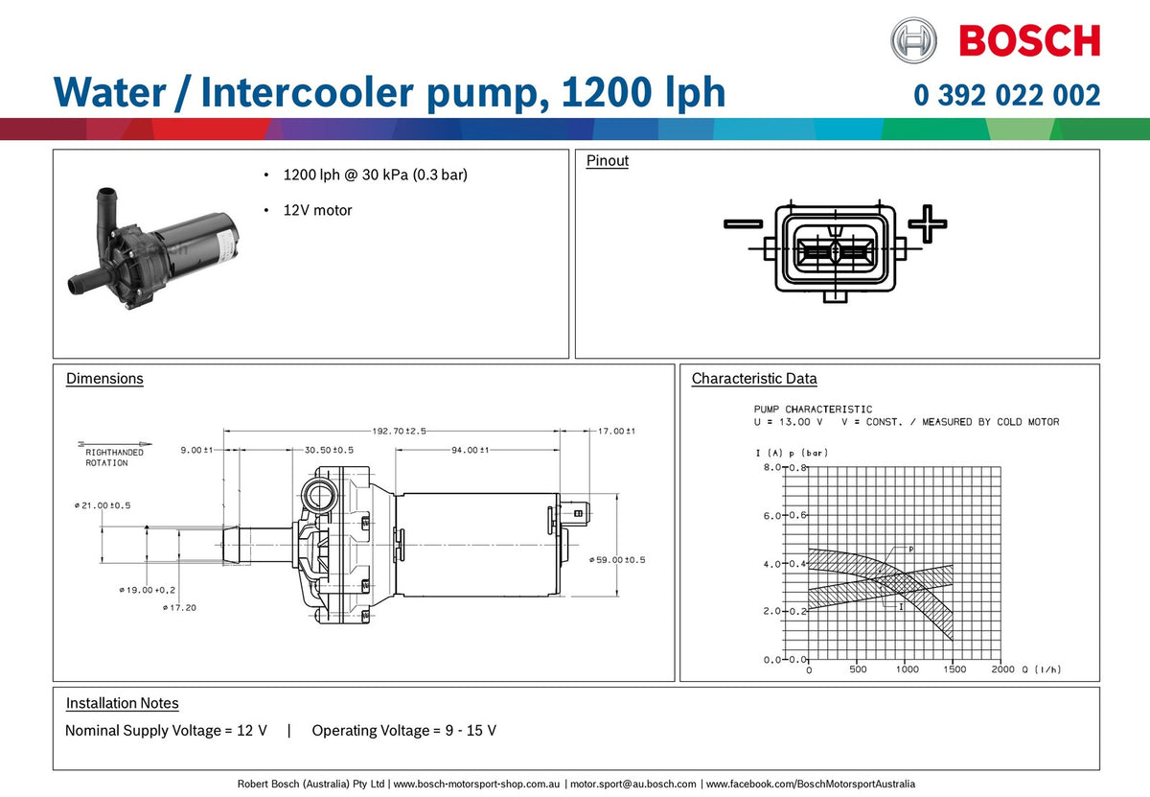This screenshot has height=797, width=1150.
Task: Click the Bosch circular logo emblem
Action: [913, 40]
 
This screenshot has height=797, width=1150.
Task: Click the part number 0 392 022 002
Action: [1006, 95]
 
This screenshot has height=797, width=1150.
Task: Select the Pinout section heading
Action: [607, 161]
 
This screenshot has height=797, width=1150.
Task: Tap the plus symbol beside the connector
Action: [927, 223]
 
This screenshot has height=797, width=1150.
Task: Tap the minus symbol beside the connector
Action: [743, 224]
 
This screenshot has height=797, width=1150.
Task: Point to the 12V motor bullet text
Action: [317, 210]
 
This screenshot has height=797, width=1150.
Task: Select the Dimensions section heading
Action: [104, 379]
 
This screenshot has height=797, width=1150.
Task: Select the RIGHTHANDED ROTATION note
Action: [113, 457]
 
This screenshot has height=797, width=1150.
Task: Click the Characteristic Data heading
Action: [754, 379]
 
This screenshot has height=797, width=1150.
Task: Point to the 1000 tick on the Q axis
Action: [906, 669]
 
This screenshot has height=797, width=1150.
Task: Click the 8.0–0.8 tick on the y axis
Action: [785, 468]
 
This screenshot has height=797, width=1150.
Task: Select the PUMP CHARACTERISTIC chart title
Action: [813, 410]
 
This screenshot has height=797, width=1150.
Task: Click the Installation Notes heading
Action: [122, 704]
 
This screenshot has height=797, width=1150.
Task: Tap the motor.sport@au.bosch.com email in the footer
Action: [633, 784]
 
